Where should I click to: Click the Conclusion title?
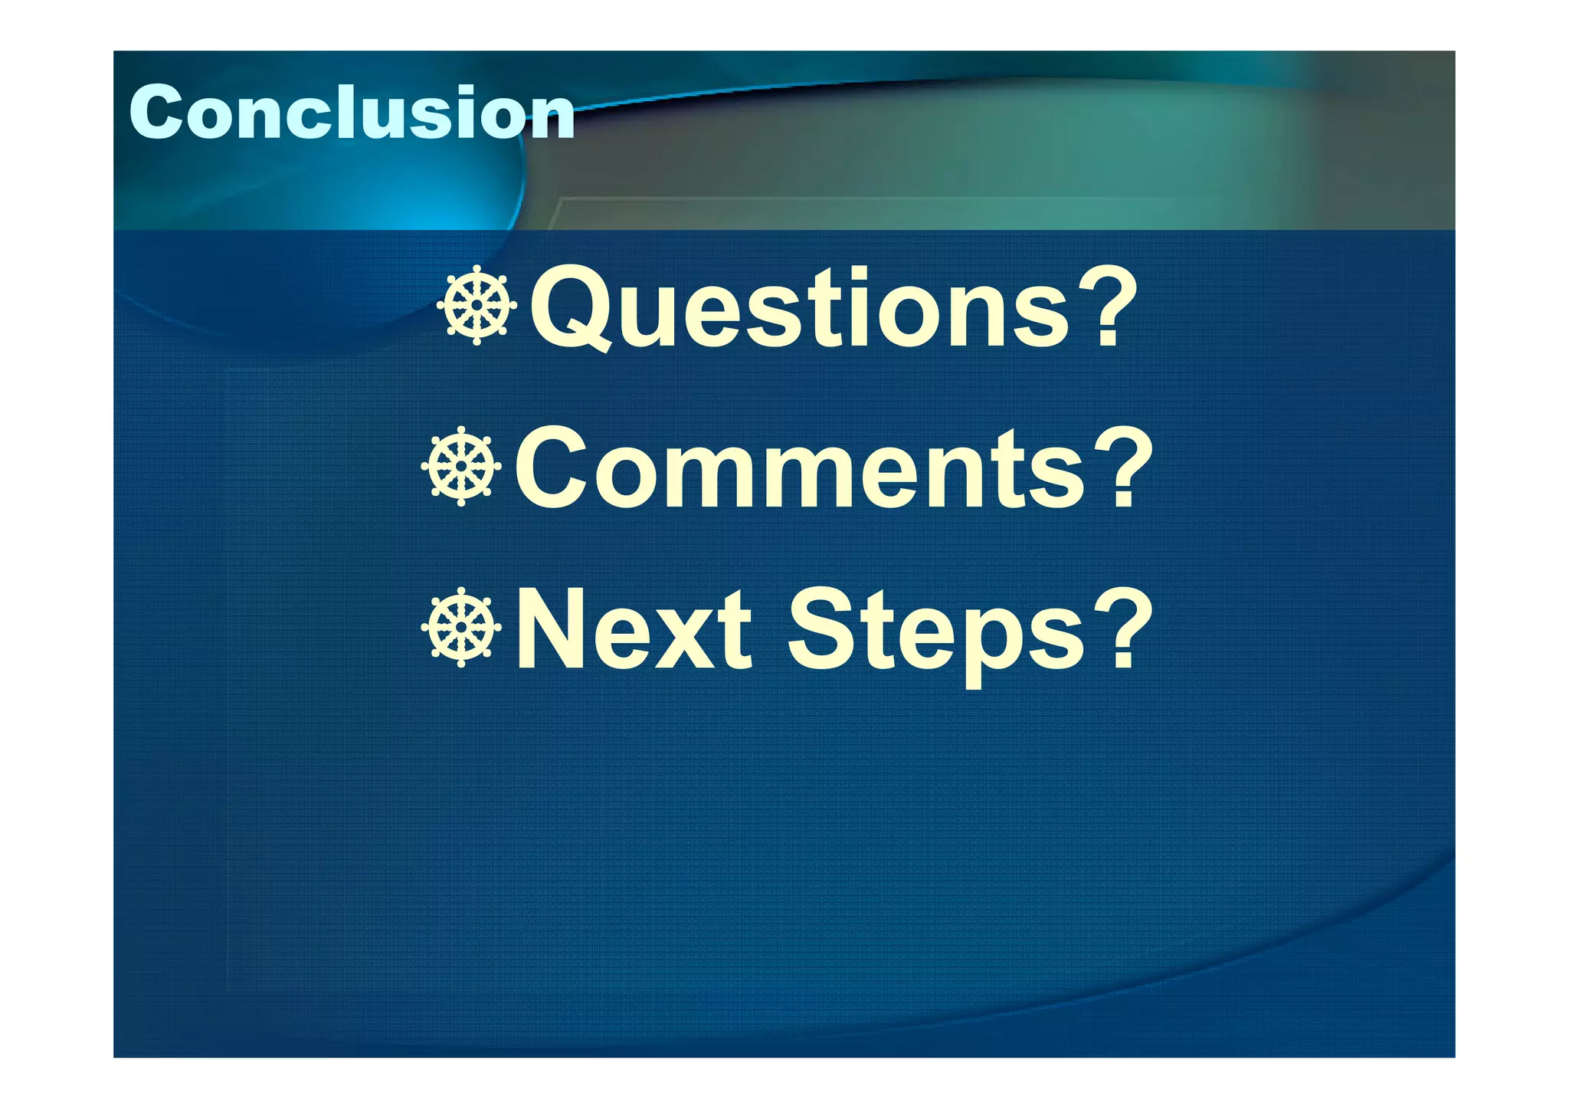tap(352, 113)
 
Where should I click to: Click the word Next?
tap(633, 630)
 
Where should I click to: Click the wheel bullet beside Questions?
tap(477, 305)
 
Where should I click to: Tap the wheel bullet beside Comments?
tap(461, 467)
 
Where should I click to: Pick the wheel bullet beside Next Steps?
tap(461, 628)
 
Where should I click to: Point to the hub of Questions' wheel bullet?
tap(477, 305)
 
